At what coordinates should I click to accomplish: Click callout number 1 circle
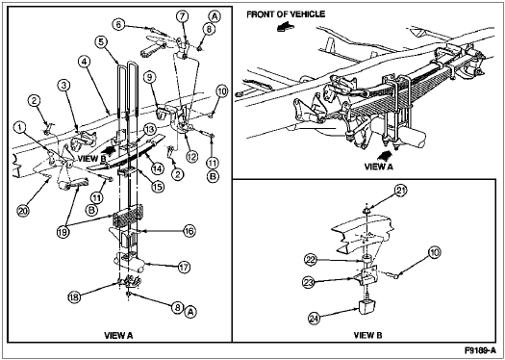(x=20, y=128)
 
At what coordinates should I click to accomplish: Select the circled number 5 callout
(x=101, y=41)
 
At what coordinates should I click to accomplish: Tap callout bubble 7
(x=182, y=15)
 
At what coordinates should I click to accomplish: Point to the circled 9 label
(x=151, y=77)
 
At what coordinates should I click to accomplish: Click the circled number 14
(x=158, y=167)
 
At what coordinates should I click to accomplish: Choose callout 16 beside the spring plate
(x=189, y=231)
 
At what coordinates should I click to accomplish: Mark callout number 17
(x=184, y=268)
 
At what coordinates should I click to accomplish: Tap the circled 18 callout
(x=74, y=296)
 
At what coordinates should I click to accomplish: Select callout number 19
(x=63, y=233)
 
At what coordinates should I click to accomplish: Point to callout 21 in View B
(x=400, y=191)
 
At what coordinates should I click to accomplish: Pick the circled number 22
(x=311, y=260)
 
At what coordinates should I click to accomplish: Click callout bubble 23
(x=308, y=283)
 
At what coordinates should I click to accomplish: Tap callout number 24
(x=315, y=319)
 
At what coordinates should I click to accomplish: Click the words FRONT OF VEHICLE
(x=286, y=14)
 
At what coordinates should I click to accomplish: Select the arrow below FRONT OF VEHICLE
(x=286, y=28)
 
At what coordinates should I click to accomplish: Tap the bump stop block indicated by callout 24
(x=366, y=307)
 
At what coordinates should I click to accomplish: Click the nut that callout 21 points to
(x=366, y=211)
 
